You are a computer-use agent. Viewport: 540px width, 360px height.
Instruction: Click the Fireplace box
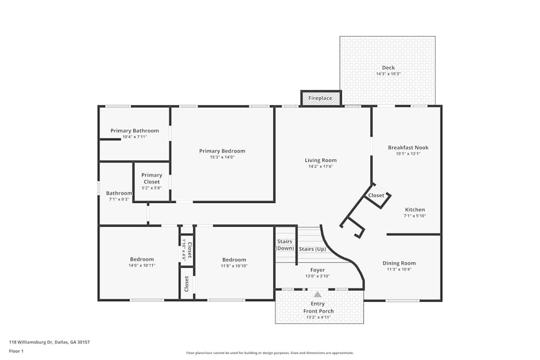tap(321, 98)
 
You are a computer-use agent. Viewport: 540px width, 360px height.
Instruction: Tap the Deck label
tap(388, 67)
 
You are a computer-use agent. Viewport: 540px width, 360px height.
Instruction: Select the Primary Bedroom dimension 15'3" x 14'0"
tap(222, 157)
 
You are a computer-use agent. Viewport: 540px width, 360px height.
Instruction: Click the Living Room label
tap(321, 160)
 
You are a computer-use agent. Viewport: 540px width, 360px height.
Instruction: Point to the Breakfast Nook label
tap(408, 147)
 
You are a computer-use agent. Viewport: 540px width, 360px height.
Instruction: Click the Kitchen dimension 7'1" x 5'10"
tap(415, 216)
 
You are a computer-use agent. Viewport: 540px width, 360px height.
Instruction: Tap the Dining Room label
tap(399, 263)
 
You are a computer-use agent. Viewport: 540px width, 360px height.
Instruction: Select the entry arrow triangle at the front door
tap(318, 295)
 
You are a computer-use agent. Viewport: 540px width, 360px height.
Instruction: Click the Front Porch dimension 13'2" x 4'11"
tap(318, 317)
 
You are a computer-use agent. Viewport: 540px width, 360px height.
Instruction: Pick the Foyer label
tap(318, 270)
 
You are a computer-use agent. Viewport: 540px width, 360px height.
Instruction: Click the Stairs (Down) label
tap(285, 244)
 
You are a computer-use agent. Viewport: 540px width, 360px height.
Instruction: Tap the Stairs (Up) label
tap(313, 249)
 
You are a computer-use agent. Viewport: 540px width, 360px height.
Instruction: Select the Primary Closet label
tap(152, 178)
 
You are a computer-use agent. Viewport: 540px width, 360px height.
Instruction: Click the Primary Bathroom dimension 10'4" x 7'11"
tap(134, 137)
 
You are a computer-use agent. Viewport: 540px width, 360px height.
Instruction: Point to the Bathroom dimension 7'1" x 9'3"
tap(119, 199)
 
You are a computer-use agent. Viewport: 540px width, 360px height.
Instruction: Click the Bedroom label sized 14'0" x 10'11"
tap(141, 259)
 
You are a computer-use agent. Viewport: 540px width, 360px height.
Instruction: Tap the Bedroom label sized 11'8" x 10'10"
tap(234, 260)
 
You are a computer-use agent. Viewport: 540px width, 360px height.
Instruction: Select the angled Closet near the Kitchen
tap(376, 195)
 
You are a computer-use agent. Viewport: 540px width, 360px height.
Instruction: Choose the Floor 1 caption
tap(16, 351)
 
